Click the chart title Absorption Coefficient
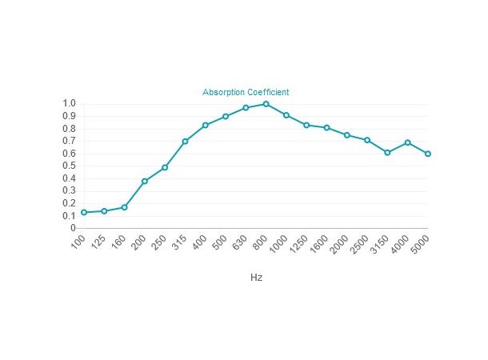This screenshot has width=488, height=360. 246,93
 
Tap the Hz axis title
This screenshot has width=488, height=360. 256,278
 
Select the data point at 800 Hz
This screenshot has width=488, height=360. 266,104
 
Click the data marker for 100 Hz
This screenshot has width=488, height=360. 84,212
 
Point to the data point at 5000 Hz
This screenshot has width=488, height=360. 428,154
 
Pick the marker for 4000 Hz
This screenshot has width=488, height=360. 408,142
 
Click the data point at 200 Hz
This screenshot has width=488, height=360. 145,181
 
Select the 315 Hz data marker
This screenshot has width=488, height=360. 185,142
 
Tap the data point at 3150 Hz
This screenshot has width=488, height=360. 387,152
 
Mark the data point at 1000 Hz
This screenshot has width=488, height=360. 286,115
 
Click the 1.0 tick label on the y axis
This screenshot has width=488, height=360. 69,104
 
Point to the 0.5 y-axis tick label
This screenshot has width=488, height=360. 69,166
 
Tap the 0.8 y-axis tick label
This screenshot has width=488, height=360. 69,129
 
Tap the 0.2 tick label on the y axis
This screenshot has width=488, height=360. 69,203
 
